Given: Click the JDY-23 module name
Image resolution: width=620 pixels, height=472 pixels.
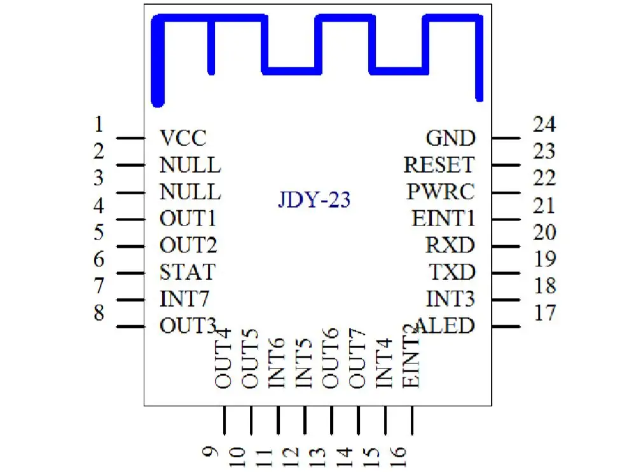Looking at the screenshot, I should tap(314, 201).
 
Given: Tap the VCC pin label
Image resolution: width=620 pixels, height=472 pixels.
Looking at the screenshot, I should tap(183, 138).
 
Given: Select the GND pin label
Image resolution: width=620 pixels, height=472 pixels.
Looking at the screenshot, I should tap(450, 138).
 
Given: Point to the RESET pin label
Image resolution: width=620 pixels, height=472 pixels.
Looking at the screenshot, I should tap(439, 165).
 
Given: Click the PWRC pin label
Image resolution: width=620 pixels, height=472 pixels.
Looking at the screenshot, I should tap(441, 192).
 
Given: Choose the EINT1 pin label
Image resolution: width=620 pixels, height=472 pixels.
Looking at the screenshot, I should tap(443, 219).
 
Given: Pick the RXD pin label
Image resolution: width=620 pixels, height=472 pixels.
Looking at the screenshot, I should tap(450, 245).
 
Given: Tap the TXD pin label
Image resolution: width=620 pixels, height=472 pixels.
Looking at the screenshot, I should tap(452, 273).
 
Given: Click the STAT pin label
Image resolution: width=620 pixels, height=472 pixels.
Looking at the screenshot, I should tap(188, 273).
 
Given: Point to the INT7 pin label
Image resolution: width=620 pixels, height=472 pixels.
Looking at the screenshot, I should tap(184, 299).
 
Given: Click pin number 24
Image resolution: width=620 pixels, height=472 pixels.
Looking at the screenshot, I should tap(544, 124).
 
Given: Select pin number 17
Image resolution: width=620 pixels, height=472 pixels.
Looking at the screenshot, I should tap(544, 313).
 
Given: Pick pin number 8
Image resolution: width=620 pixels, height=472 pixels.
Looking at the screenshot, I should tap(99, 313).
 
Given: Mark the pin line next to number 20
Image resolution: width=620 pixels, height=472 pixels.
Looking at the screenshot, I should tap(506, 246).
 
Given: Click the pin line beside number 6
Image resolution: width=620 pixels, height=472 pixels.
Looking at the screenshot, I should tap(131, 273).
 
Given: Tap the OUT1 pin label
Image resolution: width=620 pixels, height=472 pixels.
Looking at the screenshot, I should tap(188, 219).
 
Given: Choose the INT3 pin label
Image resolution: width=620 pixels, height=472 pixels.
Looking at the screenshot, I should tap(450, 299).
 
